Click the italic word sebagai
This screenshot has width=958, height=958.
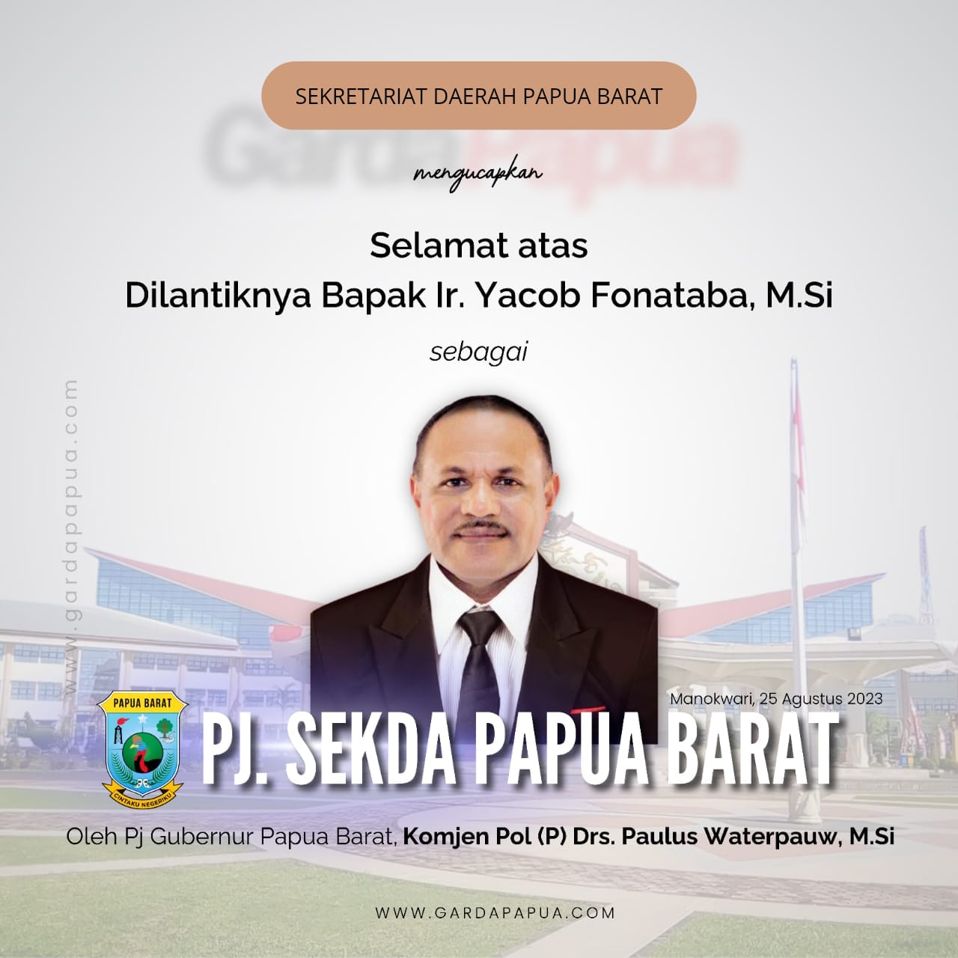coord(478,353)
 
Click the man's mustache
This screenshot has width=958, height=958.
coord(480,527)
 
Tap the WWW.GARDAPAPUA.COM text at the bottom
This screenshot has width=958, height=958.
coord(495,913)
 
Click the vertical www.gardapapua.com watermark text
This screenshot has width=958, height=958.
coord(71,537)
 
